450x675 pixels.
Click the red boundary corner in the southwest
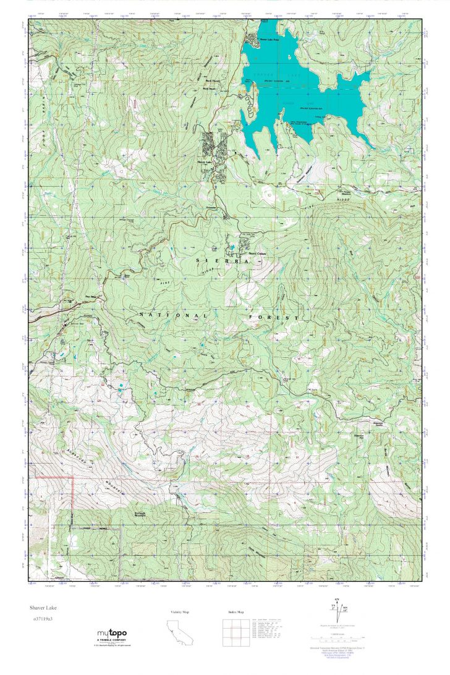pos(72,477)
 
